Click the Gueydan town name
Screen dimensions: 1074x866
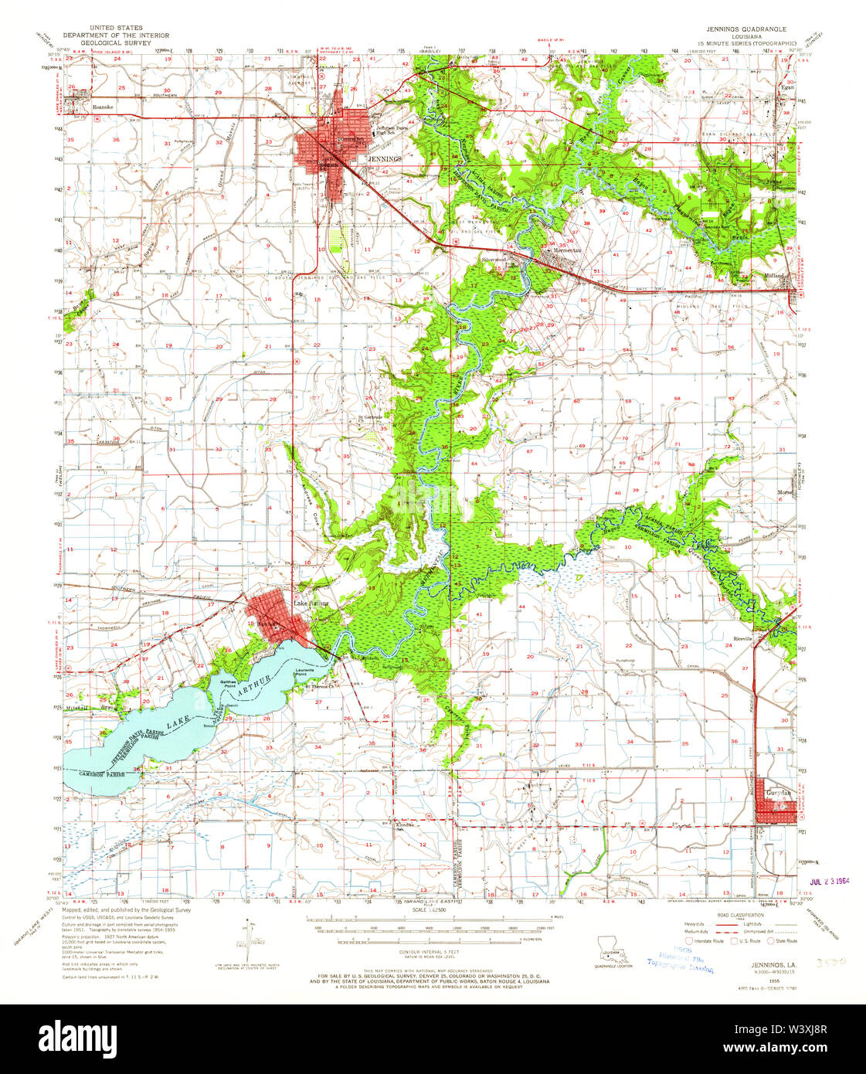(777, 793)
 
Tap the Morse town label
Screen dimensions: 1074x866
(786, 493)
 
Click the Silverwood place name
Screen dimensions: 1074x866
(493, 260)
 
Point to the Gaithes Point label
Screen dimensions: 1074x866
(227, 683)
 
